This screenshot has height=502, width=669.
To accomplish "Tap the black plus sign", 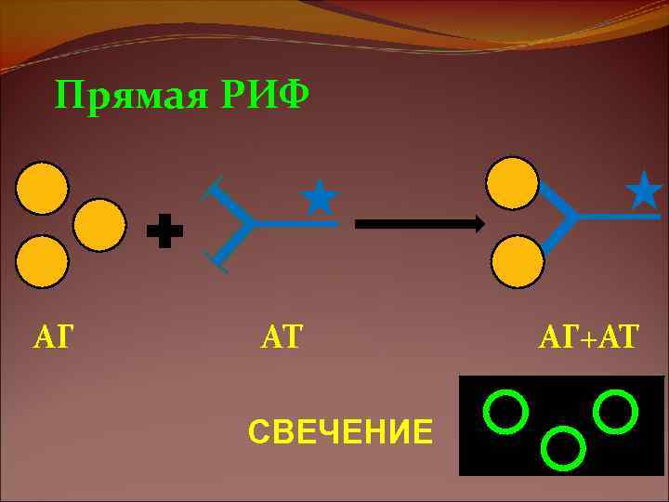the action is pos(164,231).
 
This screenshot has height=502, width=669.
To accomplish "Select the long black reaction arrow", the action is pos(419,223).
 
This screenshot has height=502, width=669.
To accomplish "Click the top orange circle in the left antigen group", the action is pos(42,189).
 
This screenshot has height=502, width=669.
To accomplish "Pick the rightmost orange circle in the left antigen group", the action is pos(99,225).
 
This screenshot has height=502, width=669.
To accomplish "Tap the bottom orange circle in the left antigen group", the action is pos(42,262).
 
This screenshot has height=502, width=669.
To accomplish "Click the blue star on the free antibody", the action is pos(320,198).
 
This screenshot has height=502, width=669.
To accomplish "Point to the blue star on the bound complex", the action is pos(644,190).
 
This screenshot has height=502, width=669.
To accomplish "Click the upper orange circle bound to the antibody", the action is pos(514,183).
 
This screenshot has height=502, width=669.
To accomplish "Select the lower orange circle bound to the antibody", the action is pos(517,260).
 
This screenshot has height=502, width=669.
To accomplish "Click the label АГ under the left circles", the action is pos(53,337).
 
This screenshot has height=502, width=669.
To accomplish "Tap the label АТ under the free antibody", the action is pos(282,337).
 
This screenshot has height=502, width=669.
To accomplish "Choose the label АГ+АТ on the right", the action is pos(589,337).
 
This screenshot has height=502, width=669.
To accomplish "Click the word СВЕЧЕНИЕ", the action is pos(340,432).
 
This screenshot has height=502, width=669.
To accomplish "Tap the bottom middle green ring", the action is pos(561,448).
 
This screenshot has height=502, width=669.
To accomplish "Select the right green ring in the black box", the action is pos(615,411).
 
